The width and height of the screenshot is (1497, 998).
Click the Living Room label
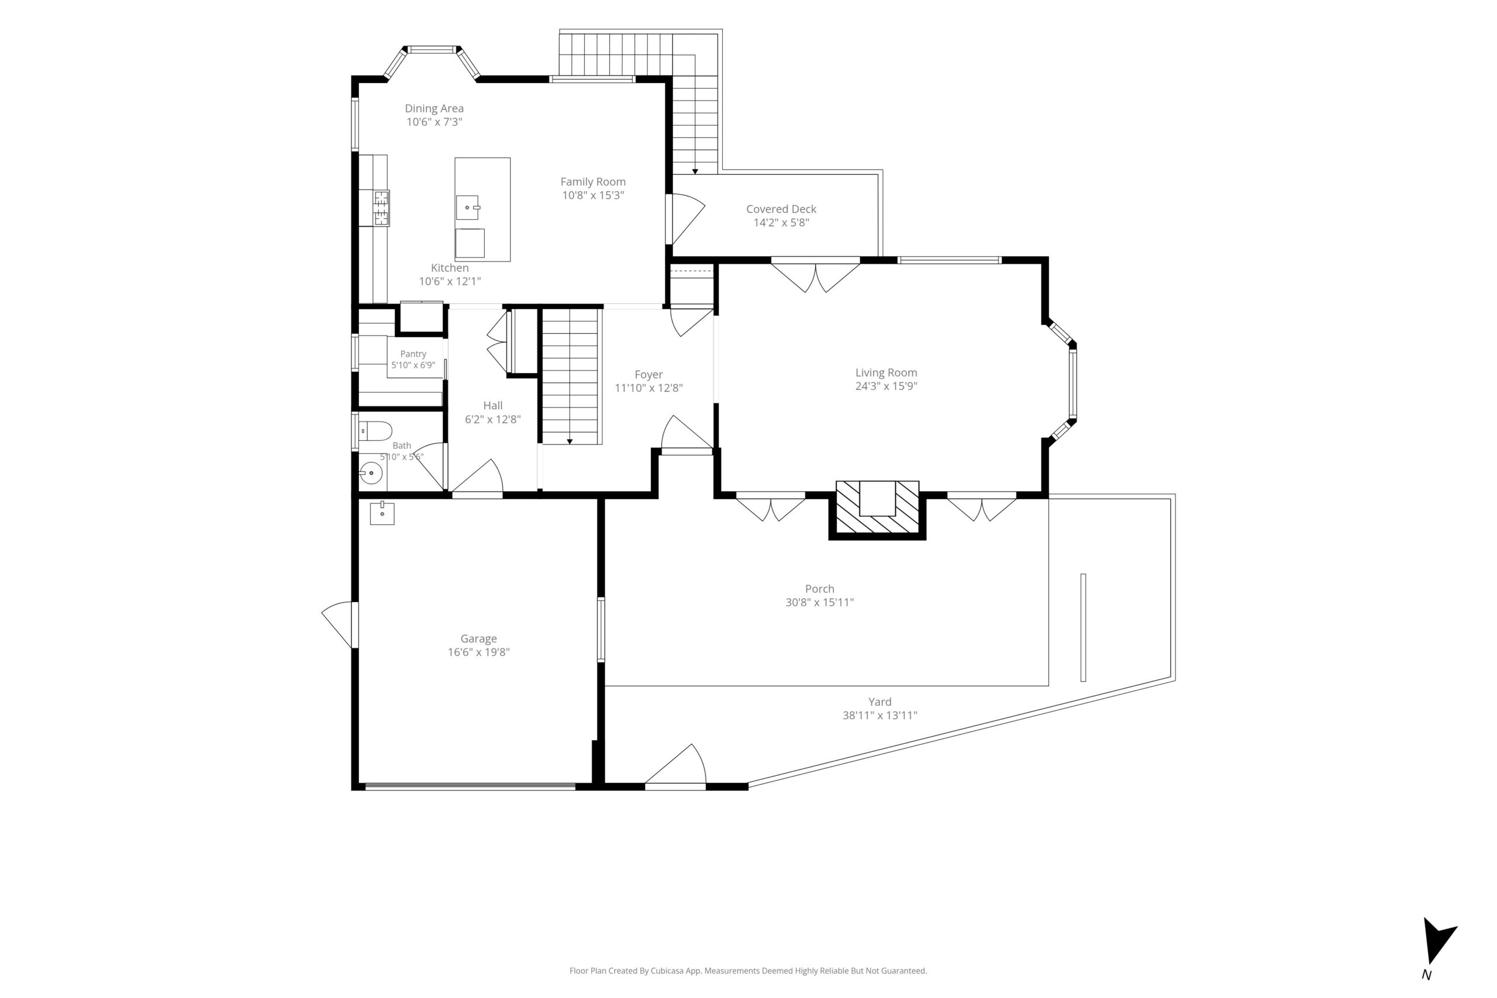[886, 373]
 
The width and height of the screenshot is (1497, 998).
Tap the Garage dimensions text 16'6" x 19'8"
[479, 652]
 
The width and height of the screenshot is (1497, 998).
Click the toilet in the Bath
[374, 431]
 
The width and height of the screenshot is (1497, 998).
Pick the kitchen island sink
[468, 208]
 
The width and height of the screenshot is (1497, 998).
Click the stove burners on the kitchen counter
[381, 208]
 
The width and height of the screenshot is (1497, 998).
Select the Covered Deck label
[781, 209]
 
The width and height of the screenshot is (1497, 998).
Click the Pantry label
[413, 354]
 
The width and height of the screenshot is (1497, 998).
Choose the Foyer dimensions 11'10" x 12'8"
[649, 388]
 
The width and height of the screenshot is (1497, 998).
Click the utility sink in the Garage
[382, 512]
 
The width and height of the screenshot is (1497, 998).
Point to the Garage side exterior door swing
[337, 624]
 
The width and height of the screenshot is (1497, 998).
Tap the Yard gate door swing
[676, 765]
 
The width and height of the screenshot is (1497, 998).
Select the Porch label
[819, 589]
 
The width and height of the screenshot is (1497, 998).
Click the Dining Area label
[434, 109]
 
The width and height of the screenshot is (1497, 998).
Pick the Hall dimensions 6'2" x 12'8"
[492, 419]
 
